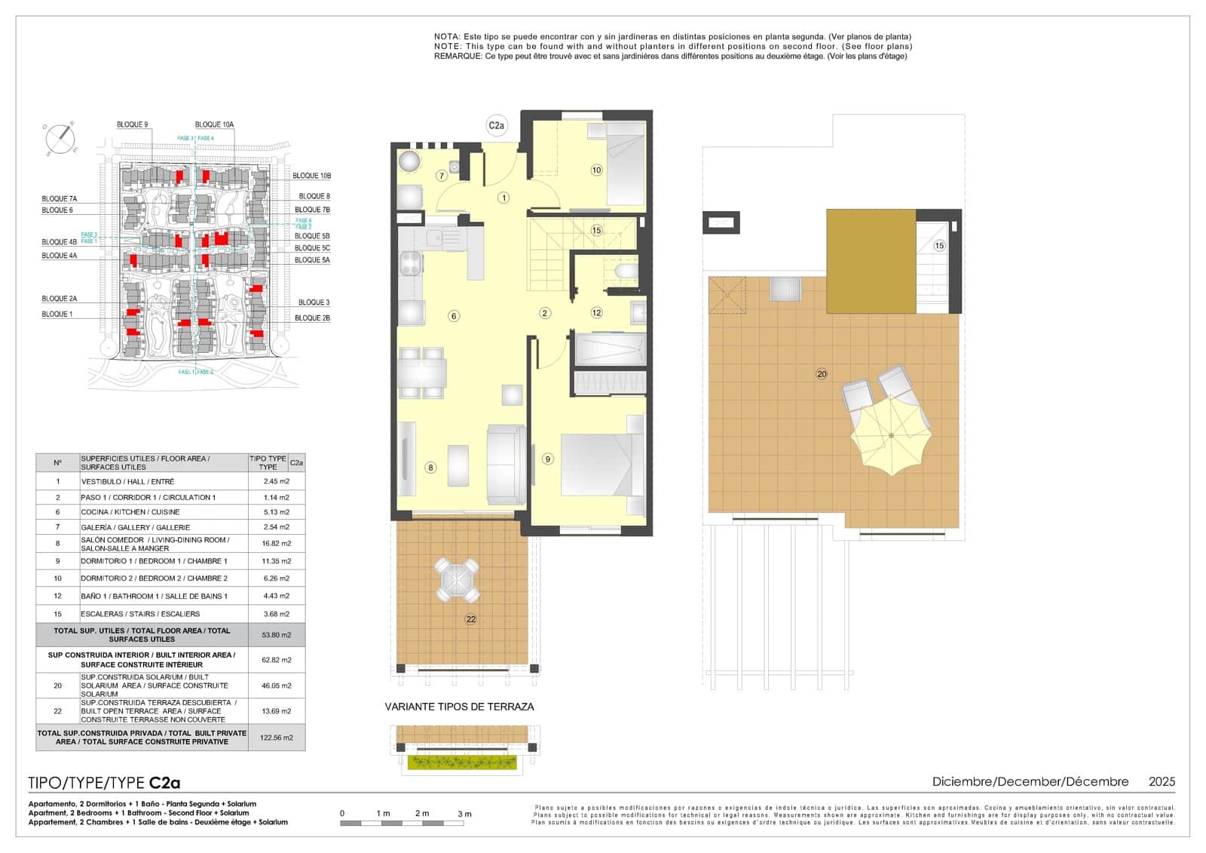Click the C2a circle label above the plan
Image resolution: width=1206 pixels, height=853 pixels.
pyautogui.click(x=496, y=126)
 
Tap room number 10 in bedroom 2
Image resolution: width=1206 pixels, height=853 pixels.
pyautogui.click(x=596, y=170)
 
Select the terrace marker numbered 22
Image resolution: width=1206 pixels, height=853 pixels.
pyautogui.click(x=470, y=619)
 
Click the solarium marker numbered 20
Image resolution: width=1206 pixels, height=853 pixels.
pyautogui.click(x=822, y=374)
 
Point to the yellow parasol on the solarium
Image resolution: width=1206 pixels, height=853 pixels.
pyautogui.click(x=891, y=436)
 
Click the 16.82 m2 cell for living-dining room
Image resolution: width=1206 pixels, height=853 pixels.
pyautogui.click(x=277, y=544)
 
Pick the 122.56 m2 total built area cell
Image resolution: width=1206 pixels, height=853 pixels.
pyautogui.click(x=277, y=738)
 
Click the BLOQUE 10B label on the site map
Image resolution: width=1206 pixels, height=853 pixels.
pyautogui.click(x=311, y=176)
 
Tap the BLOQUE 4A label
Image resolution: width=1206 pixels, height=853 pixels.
pyautogui.click(x=60, y=256)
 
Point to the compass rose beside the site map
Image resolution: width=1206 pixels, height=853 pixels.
pyautogui.click(x=60, y=138)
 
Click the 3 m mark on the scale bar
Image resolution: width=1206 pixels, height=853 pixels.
pyautogui.click(x=464, y=814)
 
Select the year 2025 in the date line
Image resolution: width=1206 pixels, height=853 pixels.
pyautogui.click(x=1162, y=782)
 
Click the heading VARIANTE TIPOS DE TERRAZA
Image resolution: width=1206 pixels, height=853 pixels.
pyautogui.click(x=459, y=707)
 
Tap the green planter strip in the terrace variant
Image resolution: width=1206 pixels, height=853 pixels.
pyautogui.click(x=462, y=762)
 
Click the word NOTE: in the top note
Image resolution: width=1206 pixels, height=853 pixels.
pyautogui.click(x=448, y=46)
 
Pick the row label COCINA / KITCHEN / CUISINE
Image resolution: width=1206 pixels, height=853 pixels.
pyautogui.click(x=130, y=512)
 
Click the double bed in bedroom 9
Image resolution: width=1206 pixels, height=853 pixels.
pyautogui.click(x=595, y=463)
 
